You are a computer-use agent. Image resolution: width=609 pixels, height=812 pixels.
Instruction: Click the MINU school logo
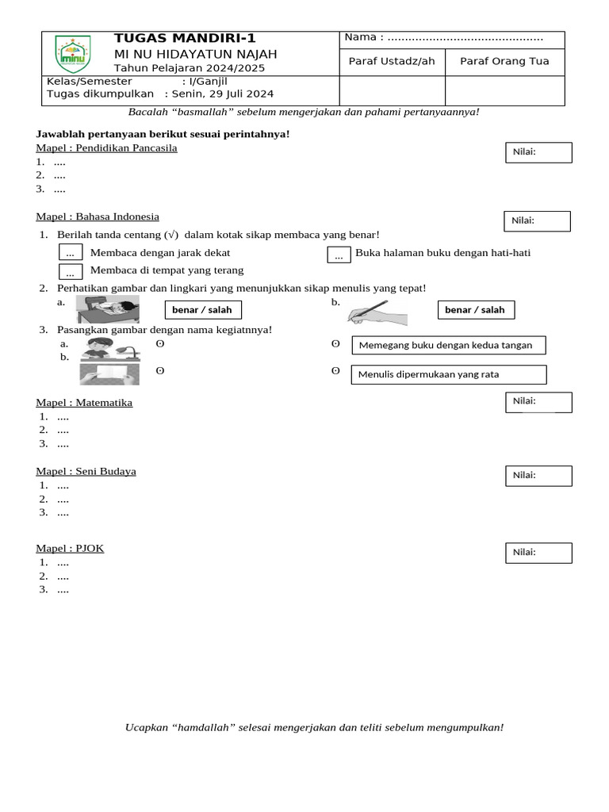pyautogui.click(x=72, y=54)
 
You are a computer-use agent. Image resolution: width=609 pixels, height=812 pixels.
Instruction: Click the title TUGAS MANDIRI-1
pyautogui.click(x=185, y=38)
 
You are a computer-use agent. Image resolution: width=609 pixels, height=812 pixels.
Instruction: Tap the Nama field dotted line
pyautogui.click(x=465, y=37)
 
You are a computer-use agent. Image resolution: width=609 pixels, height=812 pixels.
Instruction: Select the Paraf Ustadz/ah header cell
pyautogui.click(x=392, y=62)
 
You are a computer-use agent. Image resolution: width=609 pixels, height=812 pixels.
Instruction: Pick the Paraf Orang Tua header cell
pyautogui.click(x=504, y=62)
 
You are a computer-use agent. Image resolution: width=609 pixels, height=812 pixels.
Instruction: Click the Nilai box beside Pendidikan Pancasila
pyautogui.click(x=538, y=152)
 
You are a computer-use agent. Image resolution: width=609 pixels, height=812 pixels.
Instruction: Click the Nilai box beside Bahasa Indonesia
pyautogui.click(x=537, y=221)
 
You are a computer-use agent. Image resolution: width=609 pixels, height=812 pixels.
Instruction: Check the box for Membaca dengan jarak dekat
pyautogui.click(x=71, y=253)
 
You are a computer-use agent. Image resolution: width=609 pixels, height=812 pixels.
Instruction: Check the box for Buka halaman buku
pyautogui.click(x=339, y=255)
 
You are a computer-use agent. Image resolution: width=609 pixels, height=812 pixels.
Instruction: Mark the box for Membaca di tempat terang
pyautogui.click(x=71, y=272)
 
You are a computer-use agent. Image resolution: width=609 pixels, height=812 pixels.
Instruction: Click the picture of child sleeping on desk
pyautogui.click(x=107, y=309)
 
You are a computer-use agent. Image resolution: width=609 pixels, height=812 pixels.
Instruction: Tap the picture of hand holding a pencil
pyautogui.click(x=377, y=312)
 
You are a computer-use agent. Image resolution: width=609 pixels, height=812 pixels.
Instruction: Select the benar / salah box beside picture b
pyautogui.click(x=475, y=310)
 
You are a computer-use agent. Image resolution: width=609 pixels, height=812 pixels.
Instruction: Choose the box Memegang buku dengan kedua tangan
pyautogui.click(x=449, y=345)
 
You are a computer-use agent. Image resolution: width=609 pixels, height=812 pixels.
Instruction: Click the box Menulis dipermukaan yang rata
pyautogui.click(x=449, y=374)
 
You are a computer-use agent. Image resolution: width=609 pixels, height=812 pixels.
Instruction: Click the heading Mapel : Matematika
pyautogui.click(x=84, y=403)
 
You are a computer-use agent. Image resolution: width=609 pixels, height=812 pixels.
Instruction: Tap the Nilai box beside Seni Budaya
pyautogui.click(x=538, y=476)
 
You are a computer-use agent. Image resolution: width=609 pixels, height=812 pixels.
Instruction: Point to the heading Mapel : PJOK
pyautogui.click(x=70, y=548)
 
